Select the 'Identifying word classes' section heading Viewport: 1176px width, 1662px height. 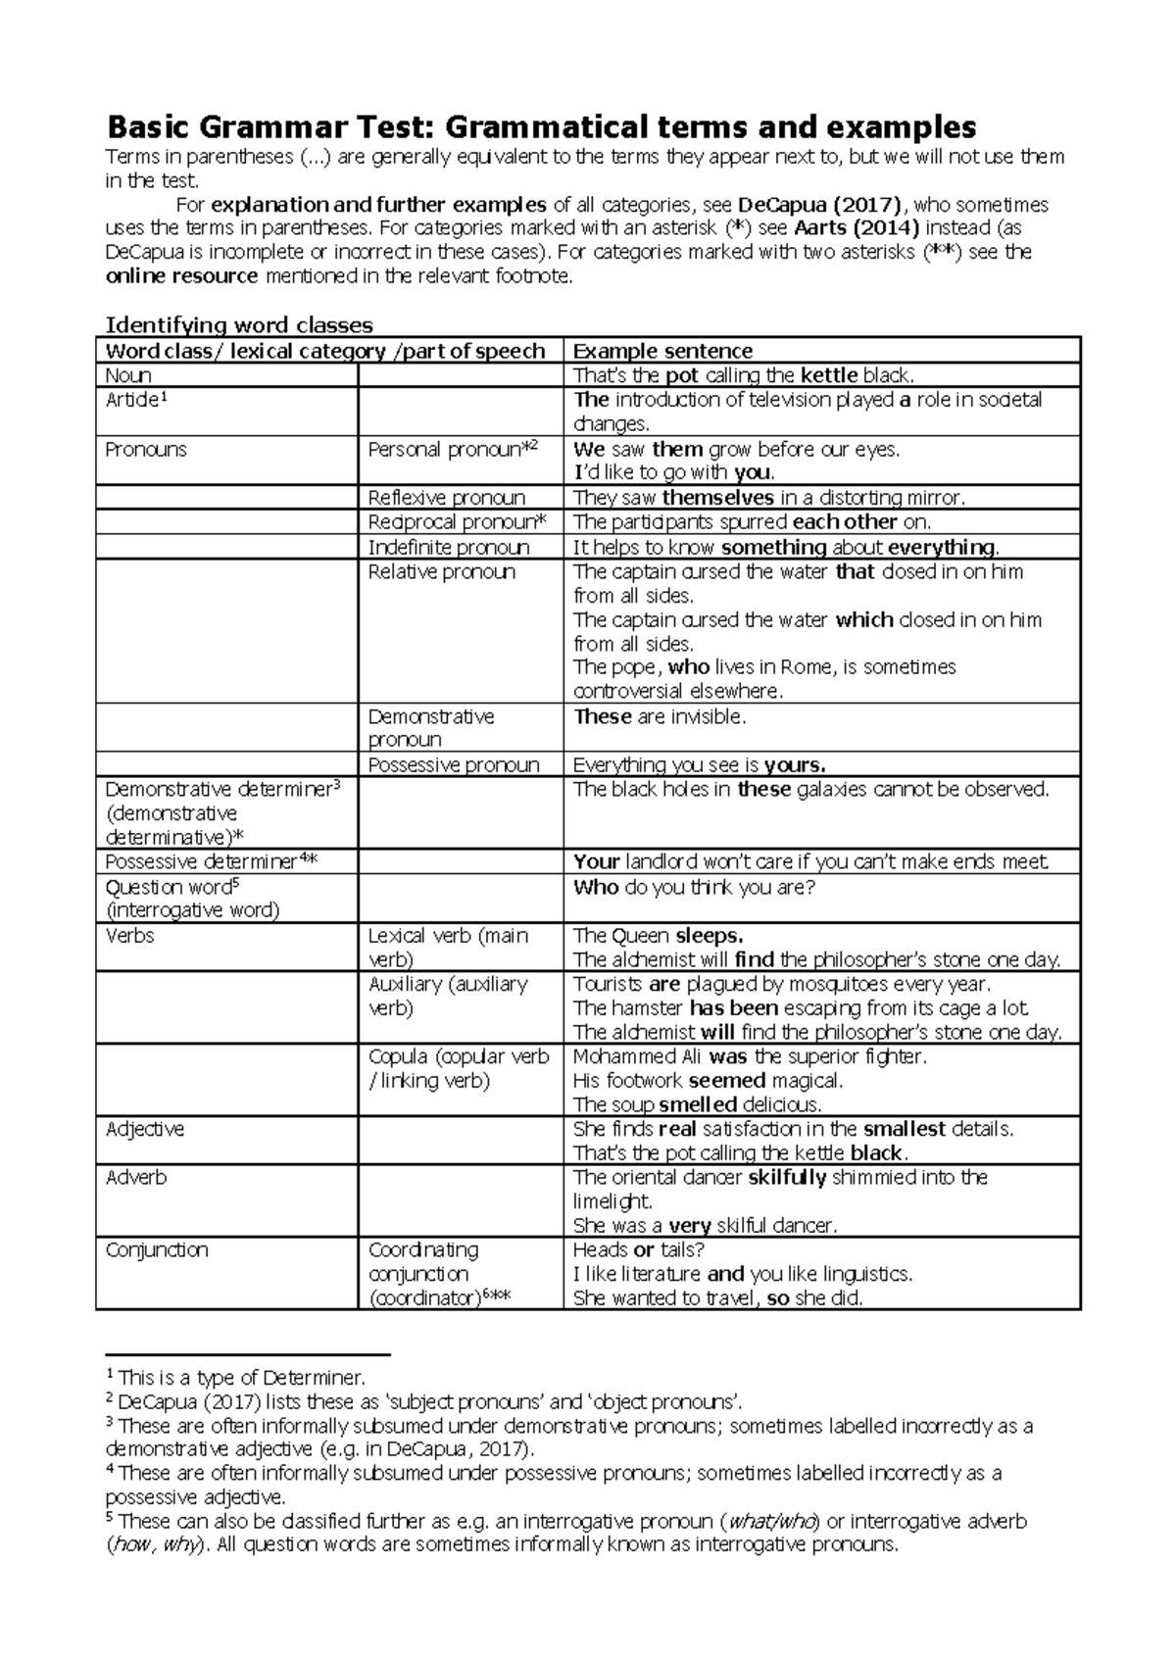pos(238,325)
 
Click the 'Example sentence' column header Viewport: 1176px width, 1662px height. pos(662,351)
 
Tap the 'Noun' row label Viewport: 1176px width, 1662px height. pos(128,375)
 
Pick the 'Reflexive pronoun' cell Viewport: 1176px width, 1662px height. pos(447,498)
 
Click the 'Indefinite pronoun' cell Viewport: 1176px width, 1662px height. pos(449,547)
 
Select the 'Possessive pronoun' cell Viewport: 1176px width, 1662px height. pos(454,765)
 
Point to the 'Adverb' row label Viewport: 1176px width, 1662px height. pos(136,1178)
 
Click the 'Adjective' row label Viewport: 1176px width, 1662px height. pos(144,1130)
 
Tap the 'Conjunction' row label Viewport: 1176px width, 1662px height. pos(157,1250)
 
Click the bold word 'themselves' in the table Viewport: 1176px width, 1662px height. pos(718,498)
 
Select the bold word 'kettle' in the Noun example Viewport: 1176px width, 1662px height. pos(829,375)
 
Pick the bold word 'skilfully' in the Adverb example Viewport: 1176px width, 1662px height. pos(787,1178)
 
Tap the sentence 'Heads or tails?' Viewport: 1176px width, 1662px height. pos(638,1250)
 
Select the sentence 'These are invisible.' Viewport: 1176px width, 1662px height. pos(660,717)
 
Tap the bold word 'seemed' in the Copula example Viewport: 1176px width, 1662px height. pos(727,1082)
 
